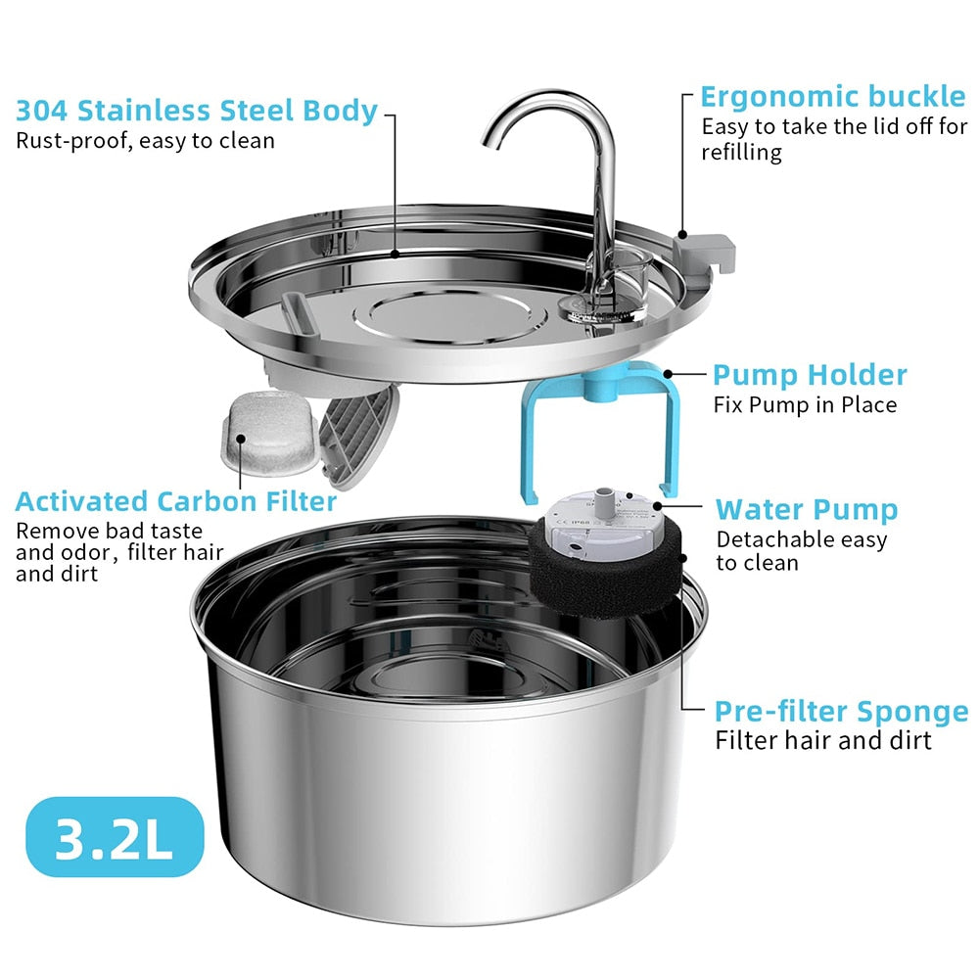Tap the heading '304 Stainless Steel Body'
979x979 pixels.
tap(197, 111)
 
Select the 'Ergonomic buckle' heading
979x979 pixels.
tap(832, 97)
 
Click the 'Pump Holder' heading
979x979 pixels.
tap(809, 375)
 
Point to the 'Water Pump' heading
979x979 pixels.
tap(806, 509)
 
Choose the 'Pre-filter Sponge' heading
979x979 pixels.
tap(841, 711)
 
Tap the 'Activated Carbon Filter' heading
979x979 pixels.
tap(176, 502)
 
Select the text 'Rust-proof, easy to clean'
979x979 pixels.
tap(145, 140)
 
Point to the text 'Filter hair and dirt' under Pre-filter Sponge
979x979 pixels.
tap(823, 739)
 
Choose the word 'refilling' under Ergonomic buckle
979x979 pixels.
tap(741, 152)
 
